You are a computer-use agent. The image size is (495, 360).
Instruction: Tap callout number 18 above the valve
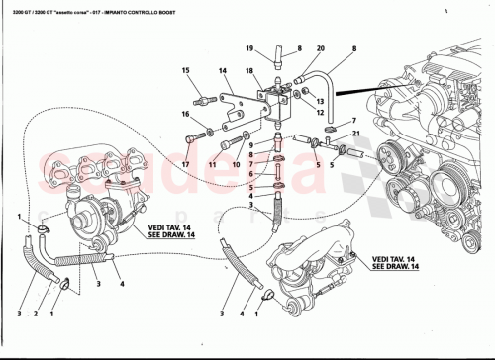(250, 70)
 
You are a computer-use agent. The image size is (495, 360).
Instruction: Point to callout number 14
(223, 71)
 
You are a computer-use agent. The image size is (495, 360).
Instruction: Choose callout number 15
(185, 70)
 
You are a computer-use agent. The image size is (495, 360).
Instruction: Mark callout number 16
(185, 114)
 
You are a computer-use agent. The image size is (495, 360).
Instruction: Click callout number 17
(185, 162)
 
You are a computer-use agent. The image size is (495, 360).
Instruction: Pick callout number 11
(213, 162)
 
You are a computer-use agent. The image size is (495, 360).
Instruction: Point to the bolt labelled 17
(204, 135)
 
